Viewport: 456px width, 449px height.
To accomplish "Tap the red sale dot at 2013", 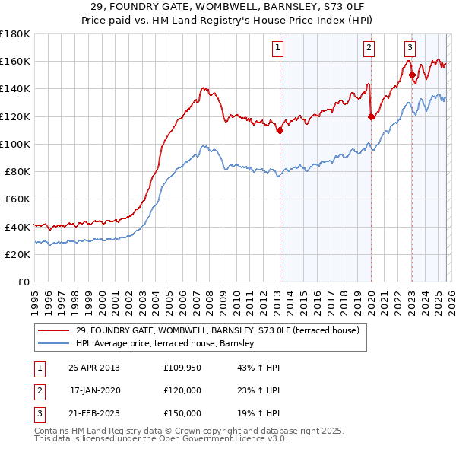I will click(x=280, y=130).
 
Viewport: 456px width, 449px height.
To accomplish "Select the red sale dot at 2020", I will click(x=371, y=116).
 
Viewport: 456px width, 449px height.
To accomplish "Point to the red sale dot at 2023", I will click(x=412, y=75).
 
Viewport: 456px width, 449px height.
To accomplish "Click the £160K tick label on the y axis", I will click(x=14, y=61).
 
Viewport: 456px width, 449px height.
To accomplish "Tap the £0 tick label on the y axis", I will click(x=23, y=282).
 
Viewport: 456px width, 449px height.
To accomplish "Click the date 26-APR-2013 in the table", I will click(x=93, y=368).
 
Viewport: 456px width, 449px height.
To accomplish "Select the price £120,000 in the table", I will click(x=182, y=390).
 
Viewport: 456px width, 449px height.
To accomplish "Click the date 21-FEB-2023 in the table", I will click(x=93, y=413).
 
